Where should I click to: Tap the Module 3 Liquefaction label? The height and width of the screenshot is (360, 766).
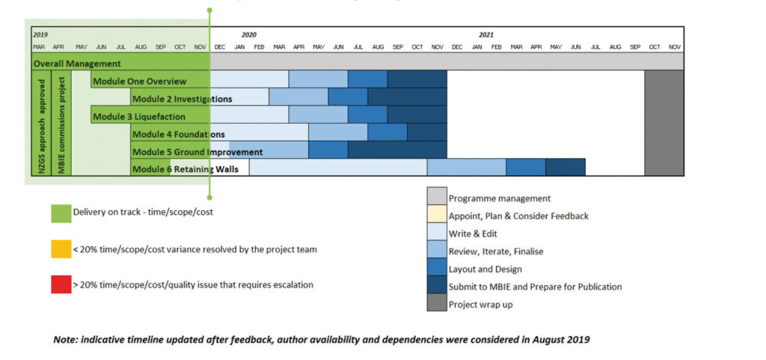pos(139,117)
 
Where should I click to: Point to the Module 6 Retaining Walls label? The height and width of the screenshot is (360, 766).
pos(185,169)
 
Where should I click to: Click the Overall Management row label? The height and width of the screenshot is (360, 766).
pos(77,64)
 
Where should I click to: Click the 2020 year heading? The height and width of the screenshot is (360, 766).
pos(248,34)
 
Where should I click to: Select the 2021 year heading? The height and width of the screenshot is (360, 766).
pos(486,34)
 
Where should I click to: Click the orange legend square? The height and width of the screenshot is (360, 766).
pos(61,249)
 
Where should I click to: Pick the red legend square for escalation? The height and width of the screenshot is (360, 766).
pos(61,284)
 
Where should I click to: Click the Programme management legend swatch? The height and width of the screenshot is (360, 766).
pos(437,198)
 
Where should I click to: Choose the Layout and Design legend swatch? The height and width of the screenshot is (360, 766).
pos(437,269)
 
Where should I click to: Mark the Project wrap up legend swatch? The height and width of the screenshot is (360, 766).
pos(437,304)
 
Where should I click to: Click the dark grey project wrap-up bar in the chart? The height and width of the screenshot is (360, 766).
pos(664,123)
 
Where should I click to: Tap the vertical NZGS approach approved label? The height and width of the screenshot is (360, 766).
pos(42,123)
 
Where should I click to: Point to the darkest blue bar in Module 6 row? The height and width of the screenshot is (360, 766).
pos(565,167)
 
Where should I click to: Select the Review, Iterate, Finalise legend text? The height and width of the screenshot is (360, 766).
pos(495,251)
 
